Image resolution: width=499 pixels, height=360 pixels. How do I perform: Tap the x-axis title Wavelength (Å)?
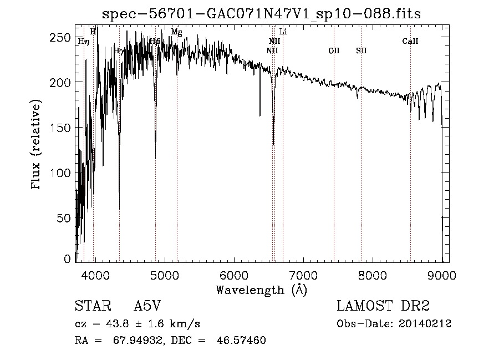click(x=261, y=290)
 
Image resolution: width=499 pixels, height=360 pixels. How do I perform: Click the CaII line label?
click(x=410, y=41)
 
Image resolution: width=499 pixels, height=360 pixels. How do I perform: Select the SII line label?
click(x=361, y=50)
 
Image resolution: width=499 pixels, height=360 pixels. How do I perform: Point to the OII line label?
click(x=334, y=50)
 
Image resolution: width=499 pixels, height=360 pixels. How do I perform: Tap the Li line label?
click(x=283, y=32)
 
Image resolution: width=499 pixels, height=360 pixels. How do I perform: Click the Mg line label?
click(x=176, y=32)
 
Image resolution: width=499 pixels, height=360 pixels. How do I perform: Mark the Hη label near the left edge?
click(x=83, y=41)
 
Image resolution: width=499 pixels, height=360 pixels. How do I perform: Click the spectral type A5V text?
click(x=149, y=306)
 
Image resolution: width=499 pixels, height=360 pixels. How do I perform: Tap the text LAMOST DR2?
click(x=383, y=306)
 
